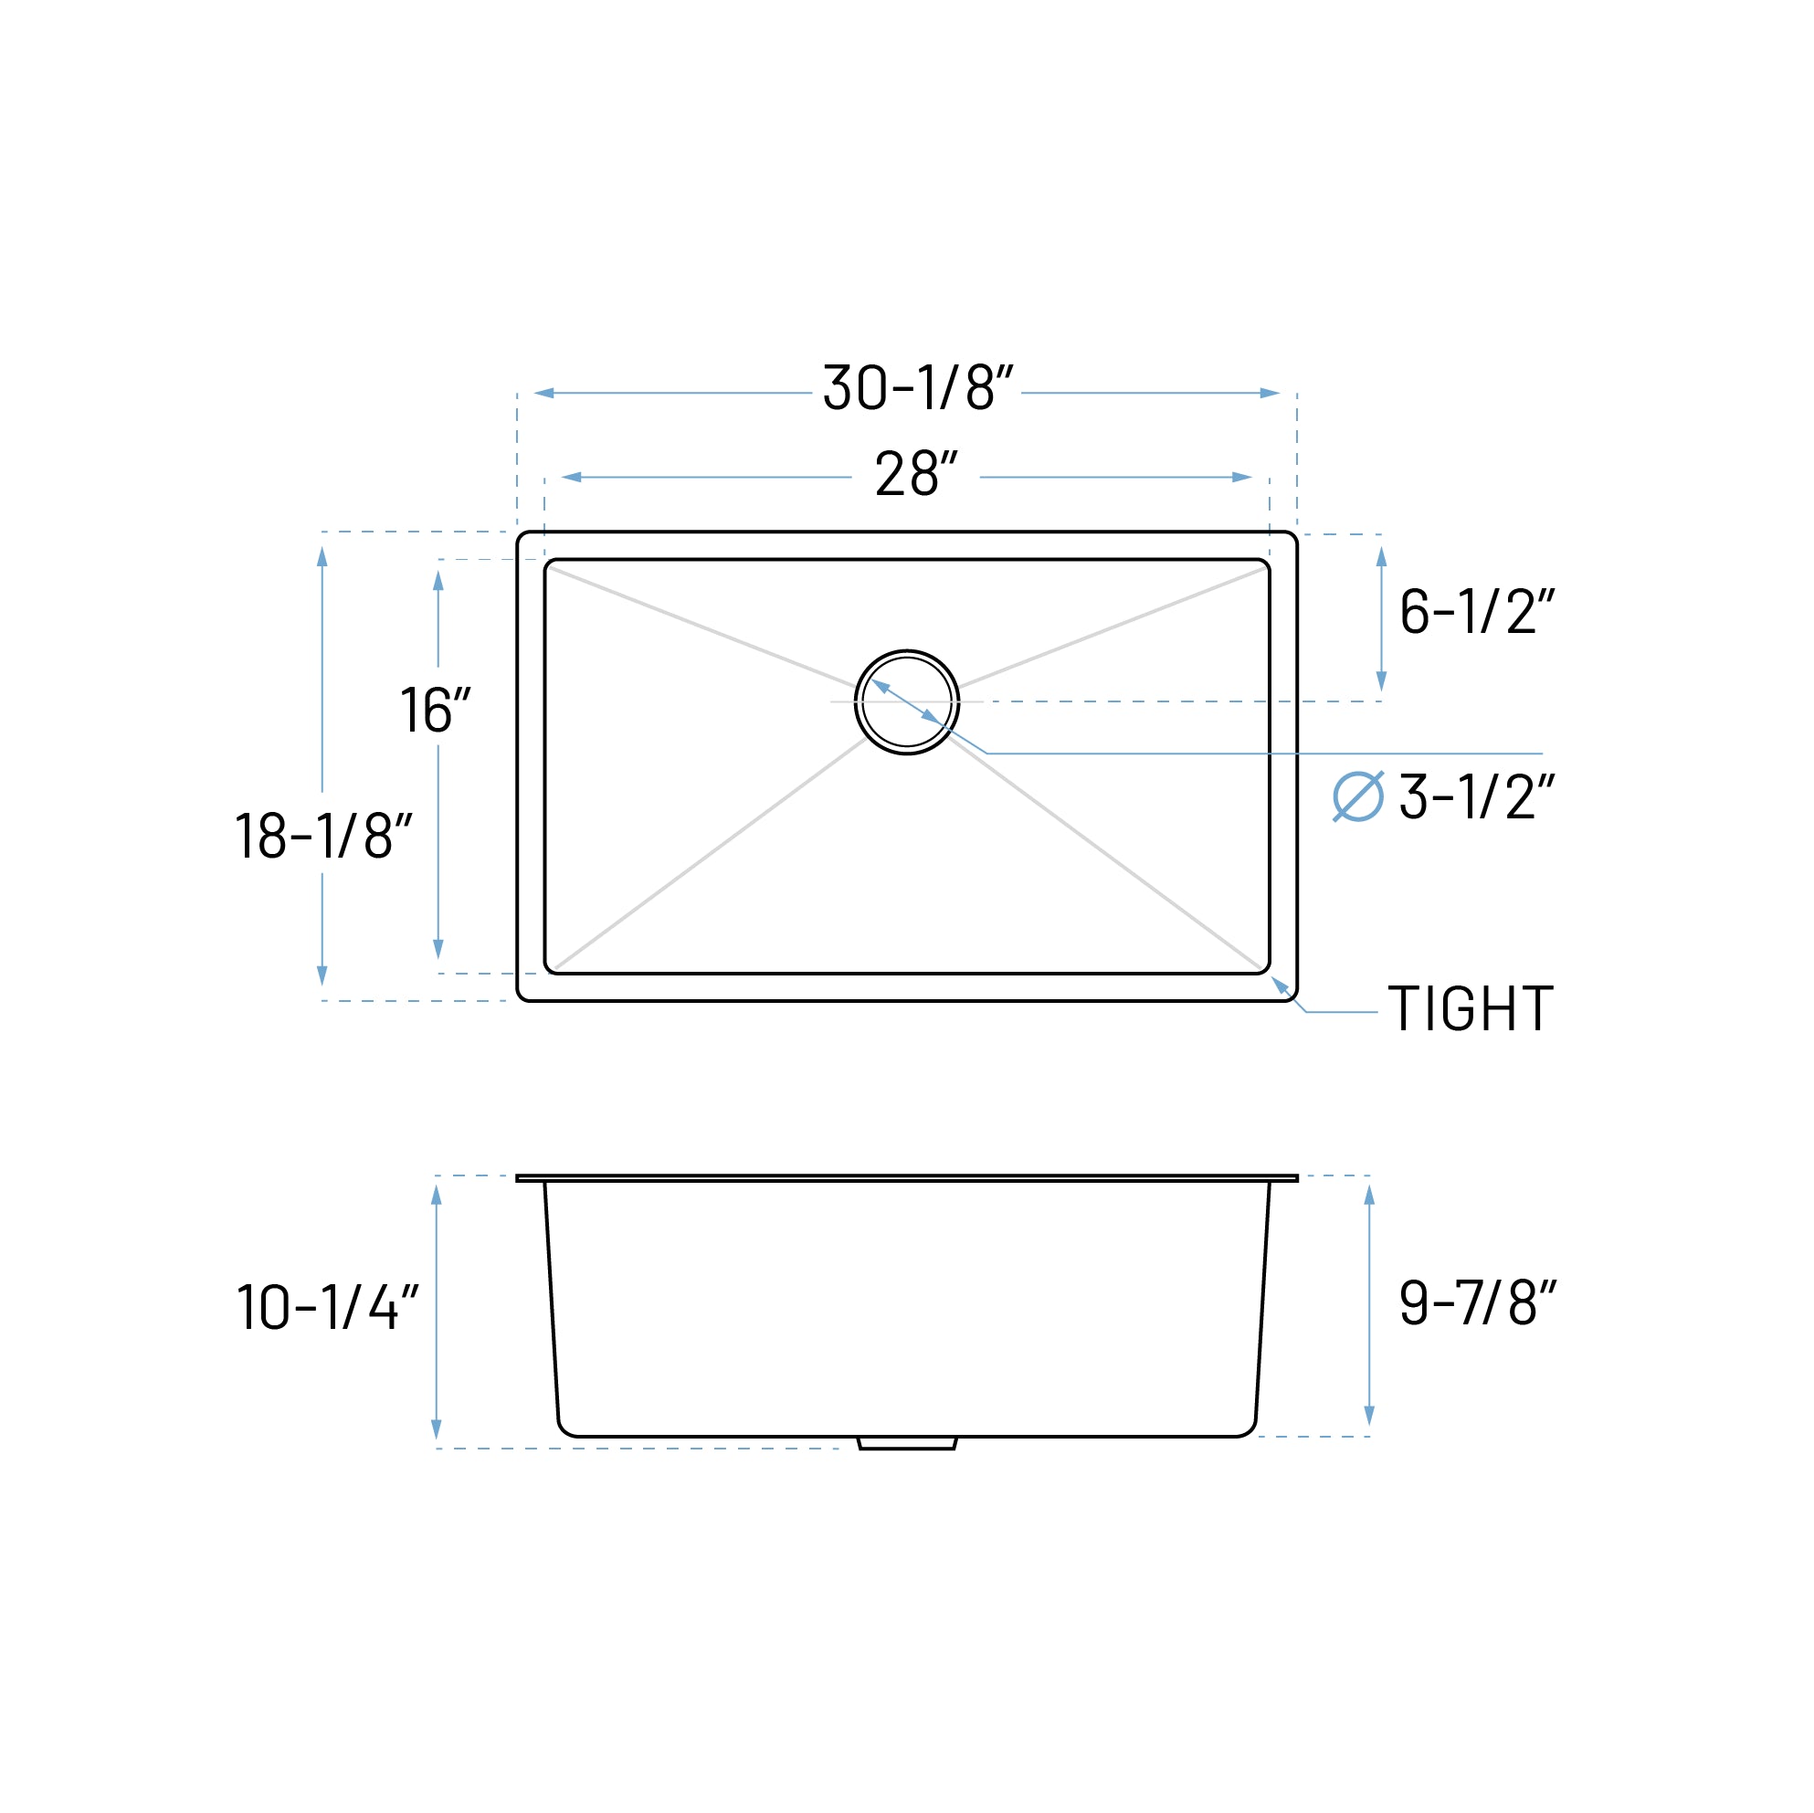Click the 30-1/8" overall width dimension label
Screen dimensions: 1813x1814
917,387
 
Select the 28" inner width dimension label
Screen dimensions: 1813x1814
915,474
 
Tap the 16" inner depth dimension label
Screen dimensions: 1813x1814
435,711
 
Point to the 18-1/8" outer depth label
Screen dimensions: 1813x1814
323,835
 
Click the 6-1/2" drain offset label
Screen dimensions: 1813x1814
1476,611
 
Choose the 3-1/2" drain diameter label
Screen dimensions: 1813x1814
1476,796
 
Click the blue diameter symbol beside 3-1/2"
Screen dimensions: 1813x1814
1357,796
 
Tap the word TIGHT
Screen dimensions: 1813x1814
1471,1009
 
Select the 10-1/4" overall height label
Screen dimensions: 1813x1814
327,1307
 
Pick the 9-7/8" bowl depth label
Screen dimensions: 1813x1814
1477,1302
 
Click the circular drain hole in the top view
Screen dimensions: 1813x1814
907,702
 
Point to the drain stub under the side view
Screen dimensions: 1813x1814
907,1443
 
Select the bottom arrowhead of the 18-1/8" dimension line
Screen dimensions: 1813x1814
322,975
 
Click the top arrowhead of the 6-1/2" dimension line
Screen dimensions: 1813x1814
1381,557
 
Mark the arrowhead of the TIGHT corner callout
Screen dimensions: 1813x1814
1279,983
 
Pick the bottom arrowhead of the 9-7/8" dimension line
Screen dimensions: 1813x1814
1369,1416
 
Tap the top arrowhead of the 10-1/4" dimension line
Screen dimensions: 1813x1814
436,1196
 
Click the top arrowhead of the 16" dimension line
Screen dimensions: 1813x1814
438,580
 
